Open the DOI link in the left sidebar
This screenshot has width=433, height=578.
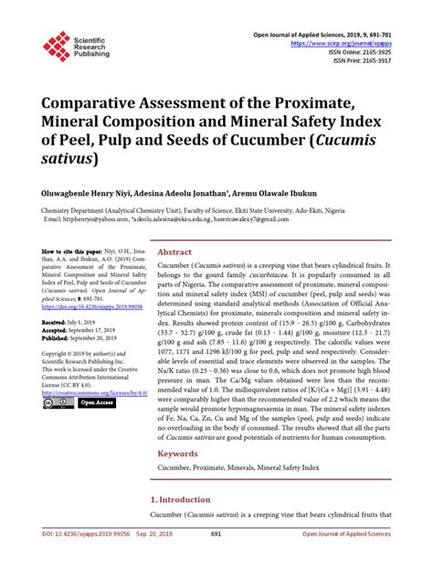point(81,308)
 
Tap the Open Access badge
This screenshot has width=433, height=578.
point(93,402)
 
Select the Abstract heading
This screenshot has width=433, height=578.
point(174,252)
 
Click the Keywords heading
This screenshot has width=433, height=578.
point(178,454)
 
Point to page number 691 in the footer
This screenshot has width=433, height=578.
point(216,561)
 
